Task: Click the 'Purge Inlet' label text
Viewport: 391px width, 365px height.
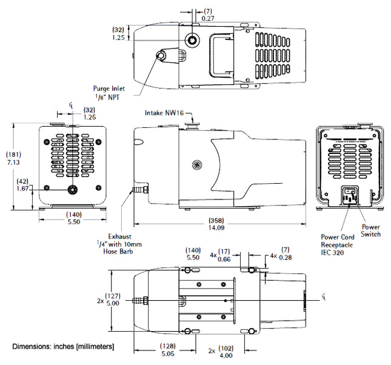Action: [109, 88]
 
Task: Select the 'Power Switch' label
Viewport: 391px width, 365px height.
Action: [370, 230]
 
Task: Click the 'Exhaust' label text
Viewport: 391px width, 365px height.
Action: [120, 236]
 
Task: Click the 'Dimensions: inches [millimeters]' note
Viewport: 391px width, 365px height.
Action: [63, 346]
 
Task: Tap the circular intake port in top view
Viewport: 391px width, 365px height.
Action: [193, 40]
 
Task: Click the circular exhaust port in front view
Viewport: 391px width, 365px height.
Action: [72, 189]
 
